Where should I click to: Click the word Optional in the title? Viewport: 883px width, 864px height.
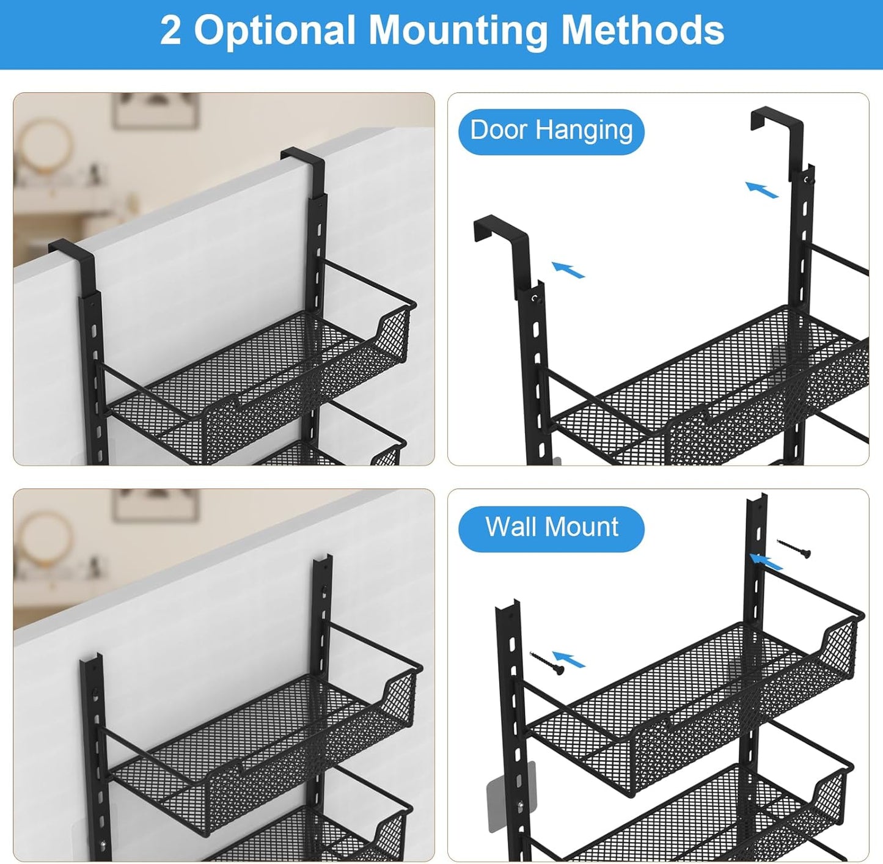coord(280,31)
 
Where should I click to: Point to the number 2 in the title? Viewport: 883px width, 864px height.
coord(170,31)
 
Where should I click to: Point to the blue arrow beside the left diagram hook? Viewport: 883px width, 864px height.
coord(568,269)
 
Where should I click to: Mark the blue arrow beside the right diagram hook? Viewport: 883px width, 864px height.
coord(761,189)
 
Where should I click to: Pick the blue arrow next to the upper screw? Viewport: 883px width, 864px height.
coord(766,561)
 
